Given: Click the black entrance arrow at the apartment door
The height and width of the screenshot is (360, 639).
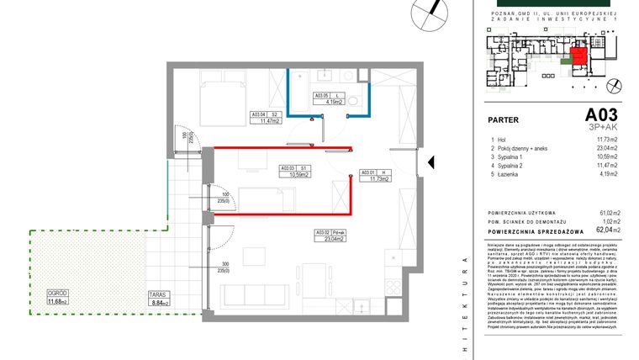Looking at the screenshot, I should (x=430, y=162).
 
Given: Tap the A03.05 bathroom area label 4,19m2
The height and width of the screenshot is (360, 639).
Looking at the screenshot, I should (x=327, y=99).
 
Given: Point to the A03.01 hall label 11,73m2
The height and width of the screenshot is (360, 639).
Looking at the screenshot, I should (x=372, y=175).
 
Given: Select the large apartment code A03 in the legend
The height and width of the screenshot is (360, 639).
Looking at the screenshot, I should (x=602, y=115).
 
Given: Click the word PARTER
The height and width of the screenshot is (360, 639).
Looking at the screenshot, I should (x=504, y=119).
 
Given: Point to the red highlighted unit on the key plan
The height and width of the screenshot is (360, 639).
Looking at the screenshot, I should (x=578, y=60).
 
